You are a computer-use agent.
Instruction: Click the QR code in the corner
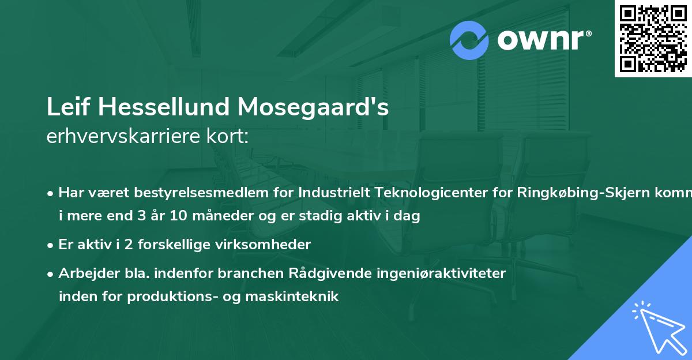(653, 38)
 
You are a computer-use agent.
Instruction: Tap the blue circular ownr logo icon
(469, 40)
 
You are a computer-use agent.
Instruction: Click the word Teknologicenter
(438, 193)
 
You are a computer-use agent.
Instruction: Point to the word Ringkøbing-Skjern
(580, 193)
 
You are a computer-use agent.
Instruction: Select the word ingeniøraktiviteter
(436, 273)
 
